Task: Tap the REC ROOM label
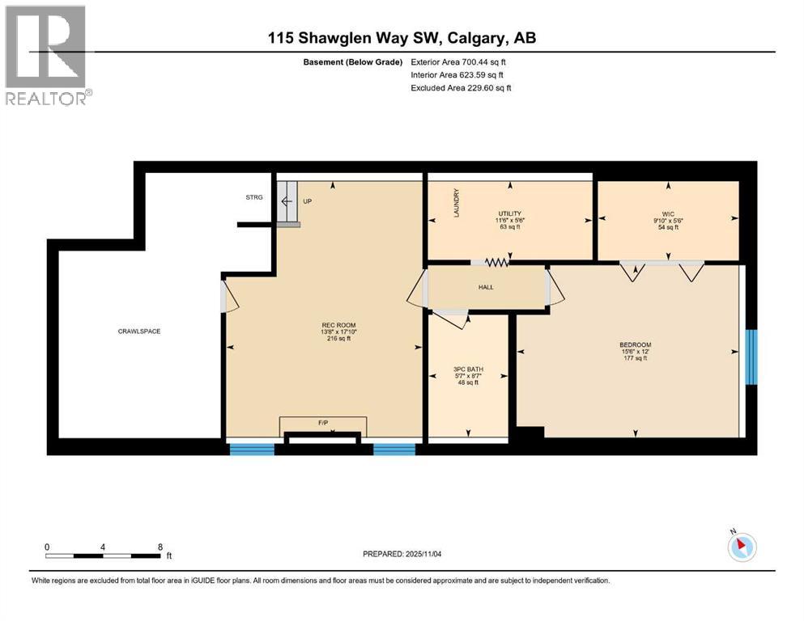(x=338, y=326)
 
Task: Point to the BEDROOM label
(x=635, y=345)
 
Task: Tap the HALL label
(x=485, y=287)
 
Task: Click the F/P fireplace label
(x=322, y=422)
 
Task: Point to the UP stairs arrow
(x=287, y=201)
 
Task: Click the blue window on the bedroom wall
(x=751, y=357)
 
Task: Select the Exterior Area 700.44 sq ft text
(x=462, y=61)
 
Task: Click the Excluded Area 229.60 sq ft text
(x=462, y=88)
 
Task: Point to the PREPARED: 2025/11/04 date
(x=403, y=554)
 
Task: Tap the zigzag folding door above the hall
(x=495, y=262)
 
